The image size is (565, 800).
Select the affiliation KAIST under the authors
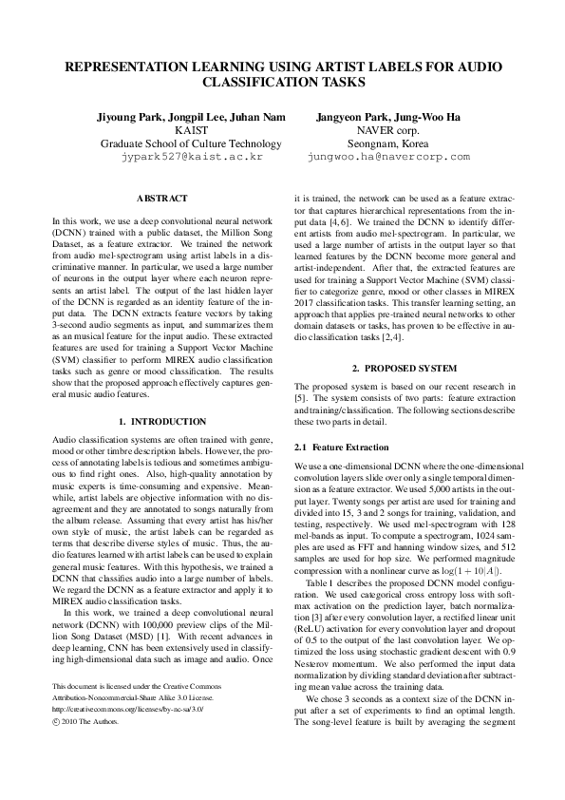191,130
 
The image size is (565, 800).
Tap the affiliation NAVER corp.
388,130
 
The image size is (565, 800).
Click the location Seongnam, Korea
388,143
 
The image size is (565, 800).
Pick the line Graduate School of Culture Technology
191,143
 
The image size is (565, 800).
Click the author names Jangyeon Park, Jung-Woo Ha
388,117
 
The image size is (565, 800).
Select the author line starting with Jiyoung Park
191,117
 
